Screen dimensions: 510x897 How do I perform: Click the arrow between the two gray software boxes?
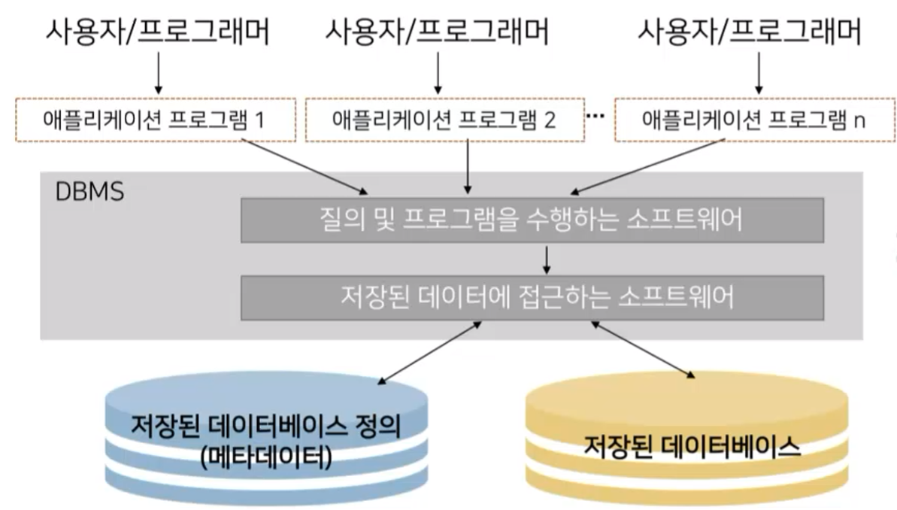point(547,259)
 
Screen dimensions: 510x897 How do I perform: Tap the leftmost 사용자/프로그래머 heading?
point(157,32)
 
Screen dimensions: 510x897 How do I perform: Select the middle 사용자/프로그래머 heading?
point(436,32)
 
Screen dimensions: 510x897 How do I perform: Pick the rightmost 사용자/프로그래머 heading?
point(750,32)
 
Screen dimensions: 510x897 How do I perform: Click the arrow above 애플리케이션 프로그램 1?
point(157,75)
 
